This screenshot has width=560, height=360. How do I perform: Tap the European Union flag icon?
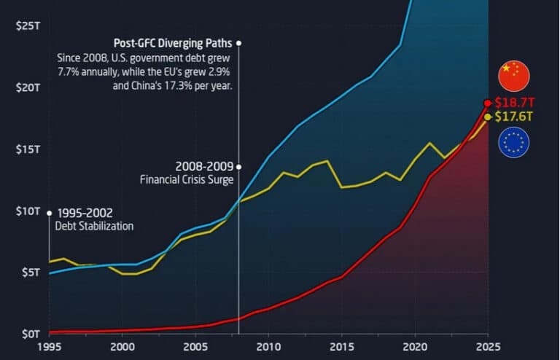click(x=514, y=142)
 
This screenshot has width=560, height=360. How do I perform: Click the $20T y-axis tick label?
click(x=27, y=87)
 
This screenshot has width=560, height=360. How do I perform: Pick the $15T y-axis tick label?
click(x=27, y=149)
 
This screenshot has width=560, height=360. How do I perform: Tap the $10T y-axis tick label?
click(x=27, y=211)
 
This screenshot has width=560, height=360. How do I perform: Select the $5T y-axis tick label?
click(x=29, y=273)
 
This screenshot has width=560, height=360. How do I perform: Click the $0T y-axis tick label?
click(x=29, y=334)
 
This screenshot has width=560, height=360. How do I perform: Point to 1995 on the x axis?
click(x=49, y=347)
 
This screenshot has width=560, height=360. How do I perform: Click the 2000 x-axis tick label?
click(x=122, y=347)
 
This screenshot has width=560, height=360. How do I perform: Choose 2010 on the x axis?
click(x=268, y=347)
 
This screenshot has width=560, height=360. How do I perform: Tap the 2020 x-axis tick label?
click(x=414, y=347)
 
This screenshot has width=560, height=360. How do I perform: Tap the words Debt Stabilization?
click(x=95, y=226)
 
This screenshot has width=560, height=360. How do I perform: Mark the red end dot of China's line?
click(x=488, y=103)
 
